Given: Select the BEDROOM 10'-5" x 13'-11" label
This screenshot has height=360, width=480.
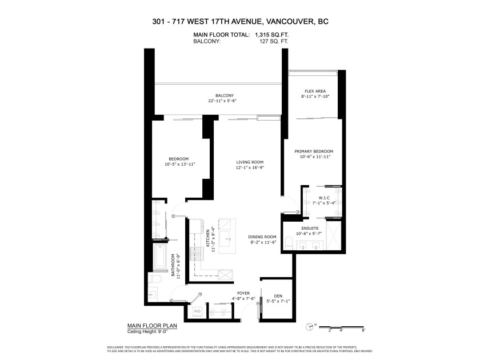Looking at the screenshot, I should (178, 162).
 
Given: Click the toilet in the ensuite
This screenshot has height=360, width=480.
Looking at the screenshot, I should (290, 245).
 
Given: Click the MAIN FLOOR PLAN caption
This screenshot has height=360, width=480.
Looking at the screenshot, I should (152, 326).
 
